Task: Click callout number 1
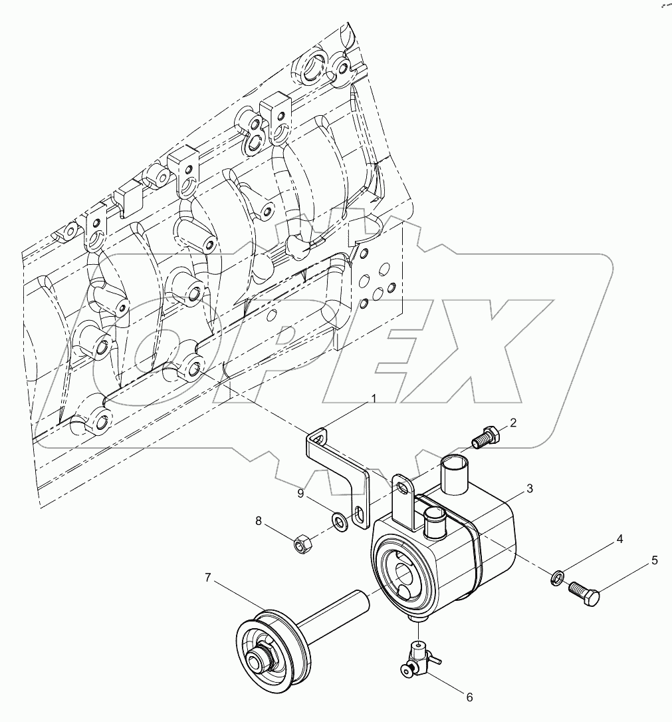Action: click(374, 399)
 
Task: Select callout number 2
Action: click(513, 422)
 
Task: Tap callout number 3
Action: click(529, 489)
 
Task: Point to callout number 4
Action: click(619, 540)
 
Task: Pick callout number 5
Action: click(654, 560)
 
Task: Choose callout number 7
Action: click(208, 578)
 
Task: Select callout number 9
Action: click(301, 494)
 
